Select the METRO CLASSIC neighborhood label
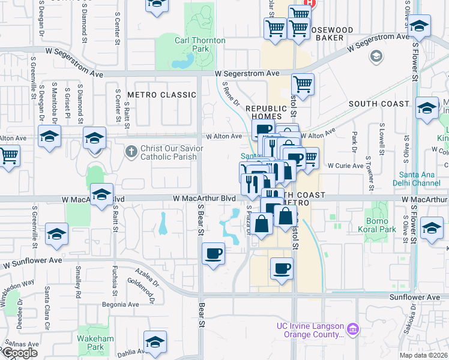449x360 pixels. click(161, 95)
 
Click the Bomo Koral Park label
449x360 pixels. click(378, 225)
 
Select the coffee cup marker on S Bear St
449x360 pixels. click(213, 254)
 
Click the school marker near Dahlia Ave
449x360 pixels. click(155, 341)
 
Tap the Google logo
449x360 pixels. click(19, 353)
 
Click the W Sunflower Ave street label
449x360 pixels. click(32, 262)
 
